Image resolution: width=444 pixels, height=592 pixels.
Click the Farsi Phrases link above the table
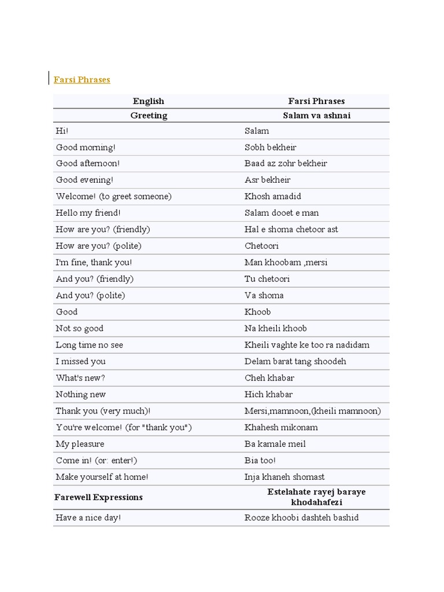[x=82, y=80]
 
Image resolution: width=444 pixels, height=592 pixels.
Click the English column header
[x=149, y=101]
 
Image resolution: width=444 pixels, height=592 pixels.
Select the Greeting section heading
[x=149, y=116]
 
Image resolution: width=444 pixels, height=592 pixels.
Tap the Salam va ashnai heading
[x=316, y=116]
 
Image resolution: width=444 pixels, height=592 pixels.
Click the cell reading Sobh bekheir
[x=270, y=147]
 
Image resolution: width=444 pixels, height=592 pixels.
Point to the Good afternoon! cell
[x=88, y=164]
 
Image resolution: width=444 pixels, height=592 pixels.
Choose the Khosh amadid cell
[x=272, y=197]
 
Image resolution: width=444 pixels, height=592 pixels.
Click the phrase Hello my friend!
[x=88, y=213]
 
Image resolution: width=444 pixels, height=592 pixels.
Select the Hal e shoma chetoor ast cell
[x=291, y=230]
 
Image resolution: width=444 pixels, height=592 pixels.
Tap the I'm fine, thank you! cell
[x=94, y=262]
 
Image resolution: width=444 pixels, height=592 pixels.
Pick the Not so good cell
[x=79, y=328]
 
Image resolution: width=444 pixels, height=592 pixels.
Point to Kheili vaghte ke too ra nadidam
[x=306, y=345]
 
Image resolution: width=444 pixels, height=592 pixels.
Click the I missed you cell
[x=80, y=361]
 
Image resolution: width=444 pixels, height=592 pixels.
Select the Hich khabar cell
[x=268, y=394]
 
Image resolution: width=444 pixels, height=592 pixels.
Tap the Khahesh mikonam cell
[x=281, y=427]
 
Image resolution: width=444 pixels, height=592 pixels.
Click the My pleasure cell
[x=80, y=444]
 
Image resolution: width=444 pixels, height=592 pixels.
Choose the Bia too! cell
[x=260, y=461]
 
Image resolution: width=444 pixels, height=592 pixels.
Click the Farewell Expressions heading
[x=98, y=497]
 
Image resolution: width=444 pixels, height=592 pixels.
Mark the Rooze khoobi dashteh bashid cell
[x=301, y=517]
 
